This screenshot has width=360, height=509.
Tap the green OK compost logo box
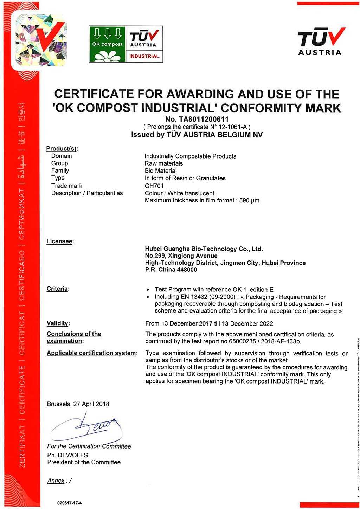[107, 44]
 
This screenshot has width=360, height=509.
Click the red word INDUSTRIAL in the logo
[144, 56]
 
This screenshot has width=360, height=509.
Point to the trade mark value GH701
[154, 186]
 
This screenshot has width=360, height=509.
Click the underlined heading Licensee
[60, 241]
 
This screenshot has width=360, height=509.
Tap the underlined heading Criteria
[57, 289]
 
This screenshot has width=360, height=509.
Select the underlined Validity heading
[58, 323]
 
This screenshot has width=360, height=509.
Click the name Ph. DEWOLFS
[67, 455]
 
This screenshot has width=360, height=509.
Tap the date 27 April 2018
[91, 404]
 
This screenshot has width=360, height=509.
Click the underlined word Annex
[56, 481]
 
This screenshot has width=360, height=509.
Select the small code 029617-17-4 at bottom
[69, 503]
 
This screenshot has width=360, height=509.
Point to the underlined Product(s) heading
[62, 149]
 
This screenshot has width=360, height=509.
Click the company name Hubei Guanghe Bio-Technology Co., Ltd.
[204, 249]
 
